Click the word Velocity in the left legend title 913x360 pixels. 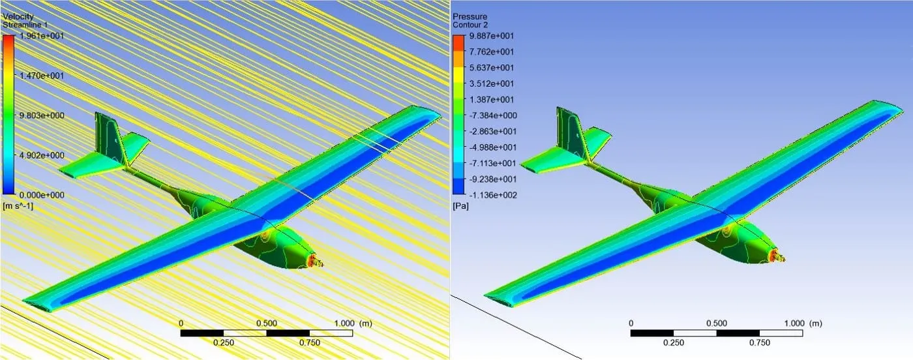tap(18, 16)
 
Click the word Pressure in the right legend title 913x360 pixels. tap(470, 16)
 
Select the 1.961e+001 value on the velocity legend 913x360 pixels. tap(42, 36)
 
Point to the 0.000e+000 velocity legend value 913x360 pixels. tap(42, 195)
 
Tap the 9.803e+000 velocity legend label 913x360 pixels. tap(42, 115)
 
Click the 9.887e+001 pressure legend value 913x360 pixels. tap(492, 36)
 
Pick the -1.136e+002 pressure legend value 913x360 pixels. tap(493, 195)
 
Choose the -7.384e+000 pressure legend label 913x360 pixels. tap(493, 115)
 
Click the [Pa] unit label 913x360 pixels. tap(460, 206)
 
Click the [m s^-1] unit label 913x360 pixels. tap(18, 206)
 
